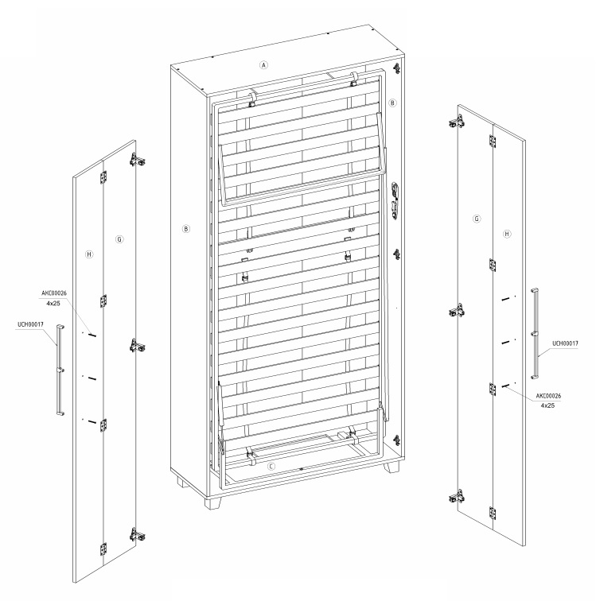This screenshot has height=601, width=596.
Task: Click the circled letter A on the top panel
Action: point(263,65)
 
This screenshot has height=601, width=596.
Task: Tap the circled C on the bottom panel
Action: point(271,467)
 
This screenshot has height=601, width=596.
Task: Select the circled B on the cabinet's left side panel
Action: point(186,229)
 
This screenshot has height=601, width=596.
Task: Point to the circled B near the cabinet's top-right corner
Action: point(392,103)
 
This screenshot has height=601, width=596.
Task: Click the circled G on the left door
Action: point(119,239)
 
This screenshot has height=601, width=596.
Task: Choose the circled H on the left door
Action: point(89,254)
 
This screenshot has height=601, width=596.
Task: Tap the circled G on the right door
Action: point(477,219)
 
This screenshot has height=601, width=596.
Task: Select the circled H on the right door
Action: point(507,234)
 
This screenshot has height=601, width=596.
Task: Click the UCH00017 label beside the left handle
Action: point(30,324)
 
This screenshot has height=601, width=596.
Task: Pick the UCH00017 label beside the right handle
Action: point(565,343)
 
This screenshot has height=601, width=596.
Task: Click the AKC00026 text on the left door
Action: point(54,293)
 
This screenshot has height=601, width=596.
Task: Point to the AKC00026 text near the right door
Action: point(548,396)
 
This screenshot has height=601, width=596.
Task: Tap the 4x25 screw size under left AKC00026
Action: point(53,303)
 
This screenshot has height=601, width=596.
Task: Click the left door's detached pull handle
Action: point(60,370)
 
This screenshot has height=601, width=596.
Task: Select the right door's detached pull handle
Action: point(535,333)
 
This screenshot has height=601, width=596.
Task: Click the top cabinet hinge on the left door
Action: point(138,160)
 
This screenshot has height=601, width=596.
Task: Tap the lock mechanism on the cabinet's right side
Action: point(395,200)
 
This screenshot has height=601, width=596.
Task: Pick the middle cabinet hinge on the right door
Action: point(457,311)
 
